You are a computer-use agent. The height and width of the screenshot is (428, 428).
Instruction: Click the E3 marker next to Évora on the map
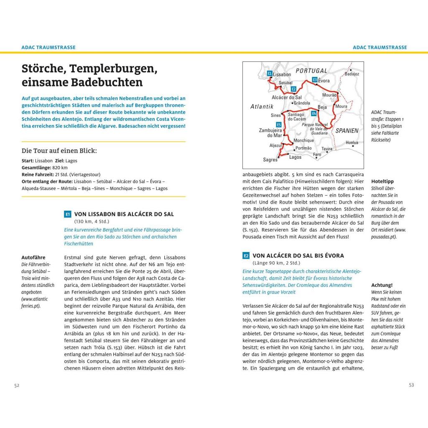(315, 79)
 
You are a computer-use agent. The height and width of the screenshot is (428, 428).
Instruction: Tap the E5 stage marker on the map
(278, 125)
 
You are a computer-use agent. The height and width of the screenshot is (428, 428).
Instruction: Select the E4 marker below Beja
(314, 114)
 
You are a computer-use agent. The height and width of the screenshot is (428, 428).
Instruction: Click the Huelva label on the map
(352, 143)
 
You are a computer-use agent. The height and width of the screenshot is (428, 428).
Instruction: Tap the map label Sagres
(270, 160)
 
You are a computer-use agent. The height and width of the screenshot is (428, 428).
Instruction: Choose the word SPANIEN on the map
(347, 130)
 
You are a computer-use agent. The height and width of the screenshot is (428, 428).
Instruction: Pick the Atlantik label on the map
(262, 107)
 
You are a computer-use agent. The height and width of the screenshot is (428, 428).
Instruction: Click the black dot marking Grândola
(292, 103)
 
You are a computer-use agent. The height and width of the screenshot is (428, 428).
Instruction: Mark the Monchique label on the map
(303, 140)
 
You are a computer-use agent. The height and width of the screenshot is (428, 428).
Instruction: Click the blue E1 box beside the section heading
(68, 214)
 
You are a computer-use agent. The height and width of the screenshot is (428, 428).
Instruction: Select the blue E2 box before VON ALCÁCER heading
(246, 256)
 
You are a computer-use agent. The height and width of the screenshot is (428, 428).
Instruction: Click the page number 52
(17, 385)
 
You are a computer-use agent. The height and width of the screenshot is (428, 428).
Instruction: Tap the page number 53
(411, 385)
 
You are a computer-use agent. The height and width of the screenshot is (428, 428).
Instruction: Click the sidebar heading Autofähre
(33, 257)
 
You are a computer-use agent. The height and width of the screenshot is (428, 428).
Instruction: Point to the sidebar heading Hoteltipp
(382, 181)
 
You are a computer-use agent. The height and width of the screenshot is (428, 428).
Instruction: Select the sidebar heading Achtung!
(382, 285)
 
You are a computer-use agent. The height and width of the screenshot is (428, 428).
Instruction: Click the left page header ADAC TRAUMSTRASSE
(48, 47)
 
